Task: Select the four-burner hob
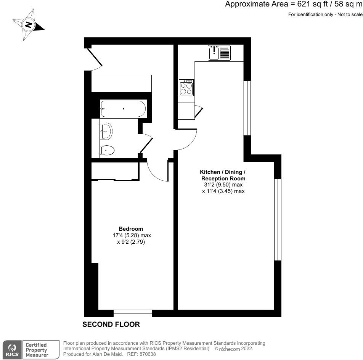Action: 186,88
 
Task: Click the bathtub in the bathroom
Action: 123,109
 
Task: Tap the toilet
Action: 107,151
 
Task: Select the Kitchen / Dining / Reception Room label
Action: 223,175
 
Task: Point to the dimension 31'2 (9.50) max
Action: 223,185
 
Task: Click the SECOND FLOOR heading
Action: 111,325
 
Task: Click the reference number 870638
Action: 148,354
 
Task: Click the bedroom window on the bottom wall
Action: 133,313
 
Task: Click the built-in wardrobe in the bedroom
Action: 115,171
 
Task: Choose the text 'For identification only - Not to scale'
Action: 325,14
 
